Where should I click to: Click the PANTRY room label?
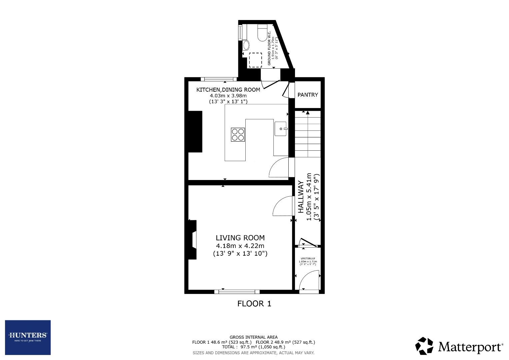point(308,95)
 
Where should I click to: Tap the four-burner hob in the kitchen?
point(238,135)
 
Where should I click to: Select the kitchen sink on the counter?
point(281,129)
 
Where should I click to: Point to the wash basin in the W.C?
point(246,45)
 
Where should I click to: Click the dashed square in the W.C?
point(256,60)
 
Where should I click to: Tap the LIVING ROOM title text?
point(240,238)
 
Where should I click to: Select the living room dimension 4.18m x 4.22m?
point(240,246)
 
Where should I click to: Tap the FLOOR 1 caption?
point(254,304)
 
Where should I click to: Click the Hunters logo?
point(28,337)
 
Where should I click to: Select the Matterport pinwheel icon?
point(424,346)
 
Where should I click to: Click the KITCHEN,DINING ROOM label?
point(228,90)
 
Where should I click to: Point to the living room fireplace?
point(193,240)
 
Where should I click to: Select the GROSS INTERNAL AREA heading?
point(253,337)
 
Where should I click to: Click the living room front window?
point(237,292)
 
